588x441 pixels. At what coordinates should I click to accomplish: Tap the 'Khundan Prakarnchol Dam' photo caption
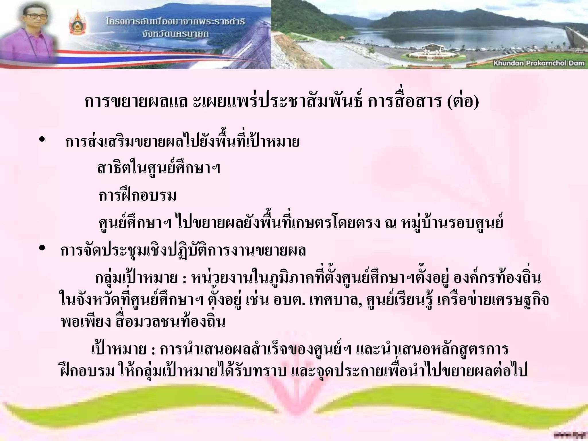click(539, 63)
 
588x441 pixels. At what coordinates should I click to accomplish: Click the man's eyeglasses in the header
click(36, 16)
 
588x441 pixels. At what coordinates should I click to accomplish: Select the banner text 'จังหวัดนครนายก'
click(176, 34)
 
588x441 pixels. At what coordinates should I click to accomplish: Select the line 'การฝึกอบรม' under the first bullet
click(138, 196)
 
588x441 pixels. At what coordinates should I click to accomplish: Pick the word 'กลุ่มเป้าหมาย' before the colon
click(136, 278)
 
